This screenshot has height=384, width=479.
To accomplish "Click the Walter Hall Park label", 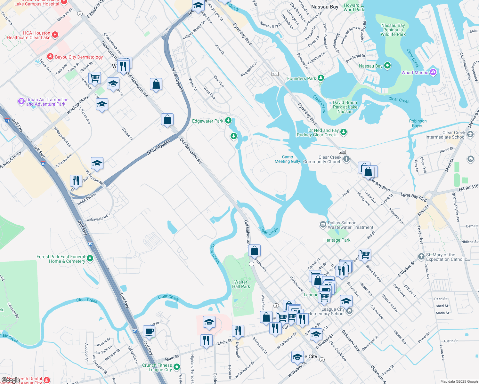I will click(241, 284).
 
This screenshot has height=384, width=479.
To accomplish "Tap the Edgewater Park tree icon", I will click(228, 121).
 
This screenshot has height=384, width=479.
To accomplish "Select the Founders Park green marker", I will click(321, 78).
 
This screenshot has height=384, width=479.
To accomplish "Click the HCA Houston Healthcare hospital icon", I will click(55, 35).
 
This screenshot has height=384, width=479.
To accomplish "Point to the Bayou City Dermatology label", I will click(79, 57).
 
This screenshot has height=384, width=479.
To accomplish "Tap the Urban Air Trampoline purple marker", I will click(21, 101).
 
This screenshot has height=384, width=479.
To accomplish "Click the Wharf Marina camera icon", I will click(433, 72).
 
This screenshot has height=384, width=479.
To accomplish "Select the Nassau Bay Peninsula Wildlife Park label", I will click(393, 30).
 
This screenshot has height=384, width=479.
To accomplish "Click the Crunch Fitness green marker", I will click(177, 367).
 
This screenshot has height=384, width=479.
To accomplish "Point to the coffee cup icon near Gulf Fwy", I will click(149, 332).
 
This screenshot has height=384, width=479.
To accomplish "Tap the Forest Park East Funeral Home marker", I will click(90, 258).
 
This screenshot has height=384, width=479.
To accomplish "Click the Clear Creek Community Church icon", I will click(346, 159).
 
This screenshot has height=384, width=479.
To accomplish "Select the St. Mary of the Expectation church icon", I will click(421, 256).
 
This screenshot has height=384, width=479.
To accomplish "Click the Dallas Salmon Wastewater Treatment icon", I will click(323, 225).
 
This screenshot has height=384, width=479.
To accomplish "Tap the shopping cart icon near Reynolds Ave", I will click(365, 255).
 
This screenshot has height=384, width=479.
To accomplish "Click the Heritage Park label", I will click(337, 240).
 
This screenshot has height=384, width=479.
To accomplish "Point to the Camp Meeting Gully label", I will click(287, 159).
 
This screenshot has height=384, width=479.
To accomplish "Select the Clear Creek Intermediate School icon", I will click(470, 134).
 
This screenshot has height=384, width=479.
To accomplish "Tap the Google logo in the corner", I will click(11, 380).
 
